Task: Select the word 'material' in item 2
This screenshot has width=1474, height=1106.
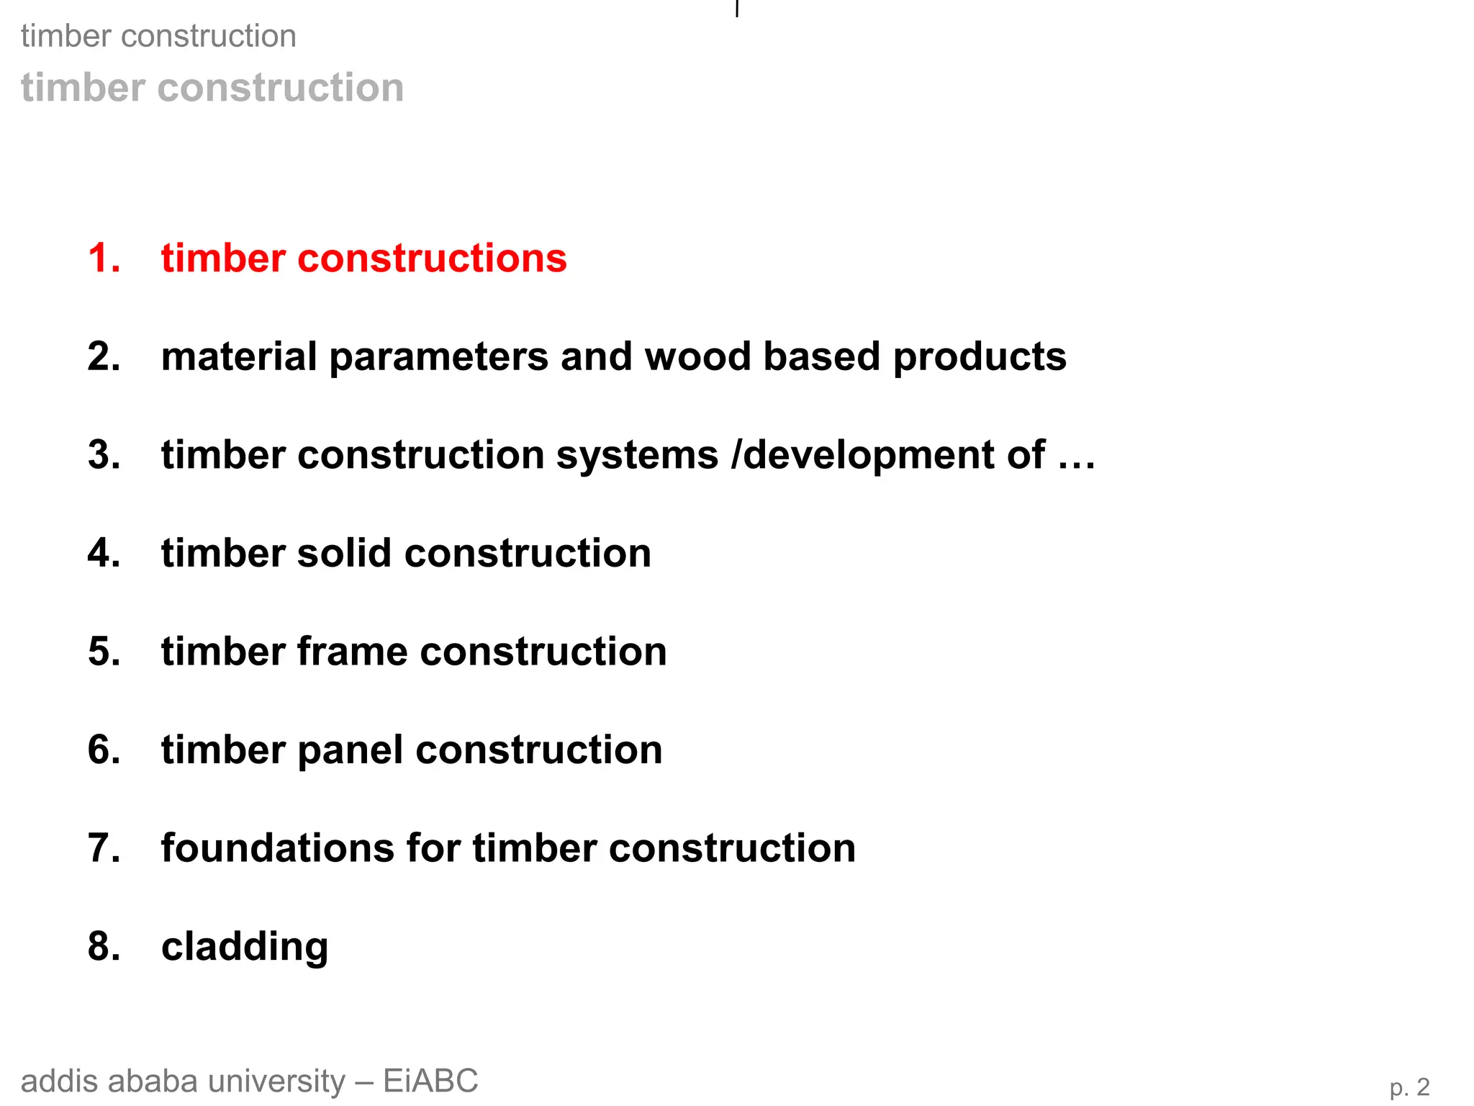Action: click(239, 356)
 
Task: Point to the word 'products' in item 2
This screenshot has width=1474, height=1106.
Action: click(980, 358)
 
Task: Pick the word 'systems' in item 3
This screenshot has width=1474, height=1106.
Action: click(637, 456)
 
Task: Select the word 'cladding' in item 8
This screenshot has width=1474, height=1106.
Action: click(245, 946)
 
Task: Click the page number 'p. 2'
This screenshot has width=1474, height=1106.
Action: click(1409, 1087)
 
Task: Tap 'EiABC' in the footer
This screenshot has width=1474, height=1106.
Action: click(430, 1081)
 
